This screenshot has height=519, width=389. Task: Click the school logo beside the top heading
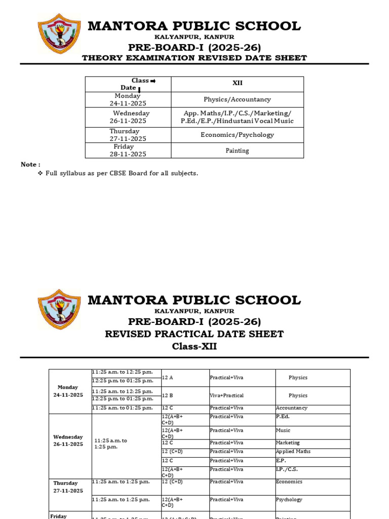59,33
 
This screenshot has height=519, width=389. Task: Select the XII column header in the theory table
237,83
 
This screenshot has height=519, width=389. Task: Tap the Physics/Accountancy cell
237,100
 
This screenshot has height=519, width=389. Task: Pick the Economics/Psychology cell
237,135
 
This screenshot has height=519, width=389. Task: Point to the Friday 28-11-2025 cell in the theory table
128,151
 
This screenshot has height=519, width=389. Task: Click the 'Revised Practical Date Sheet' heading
194,334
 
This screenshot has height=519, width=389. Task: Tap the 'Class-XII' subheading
194,347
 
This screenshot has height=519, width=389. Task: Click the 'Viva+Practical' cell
227,395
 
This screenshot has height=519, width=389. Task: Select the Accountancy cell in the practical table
292,408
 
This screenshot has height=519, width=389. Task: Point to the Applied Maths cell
293,452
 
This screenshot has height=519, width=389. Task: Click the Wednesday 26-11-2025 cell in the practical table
68,440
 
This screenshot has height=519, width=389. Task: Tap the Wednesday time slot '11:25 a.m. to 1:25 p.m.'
110,444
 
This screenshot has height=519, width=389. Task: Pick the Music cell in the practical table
283,430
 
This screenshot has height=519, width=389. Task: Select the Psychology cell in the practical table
289,500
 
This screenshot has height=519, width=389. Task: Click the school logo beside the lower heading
59,310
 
